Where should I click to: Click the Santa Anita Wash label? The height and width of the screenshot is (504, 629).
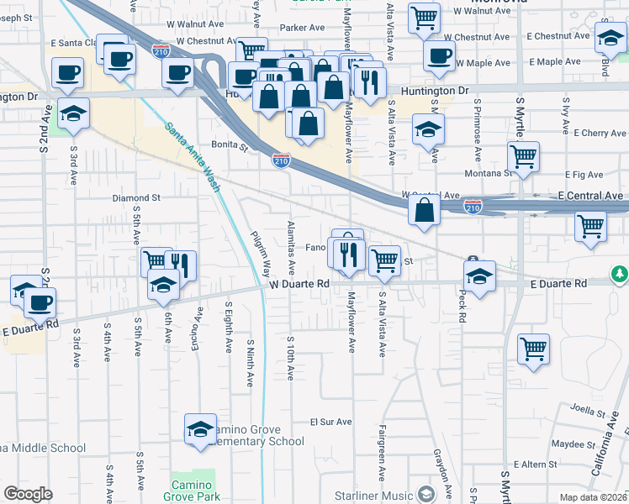(x=193, y=158)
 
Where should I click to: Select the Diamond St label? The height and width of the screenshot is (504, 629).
(x=136, y=198)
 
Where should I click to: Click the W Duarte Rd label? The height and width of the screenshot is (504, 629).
(x=299, y=285)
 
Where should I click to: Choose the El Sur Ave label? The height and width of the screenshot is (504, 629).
(x=330, y=422)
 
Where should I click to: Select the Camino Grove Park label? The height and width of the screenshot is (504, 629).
(x=196, y=491)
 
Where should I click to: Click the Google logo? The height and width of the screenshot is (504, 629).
(x=27, y=494)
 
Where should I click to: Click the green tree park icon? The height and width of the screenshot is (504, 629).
(x=620, y=275)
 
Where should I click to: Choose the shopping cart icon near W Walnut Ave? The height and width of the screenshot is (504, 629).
(x=424, y=17)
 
